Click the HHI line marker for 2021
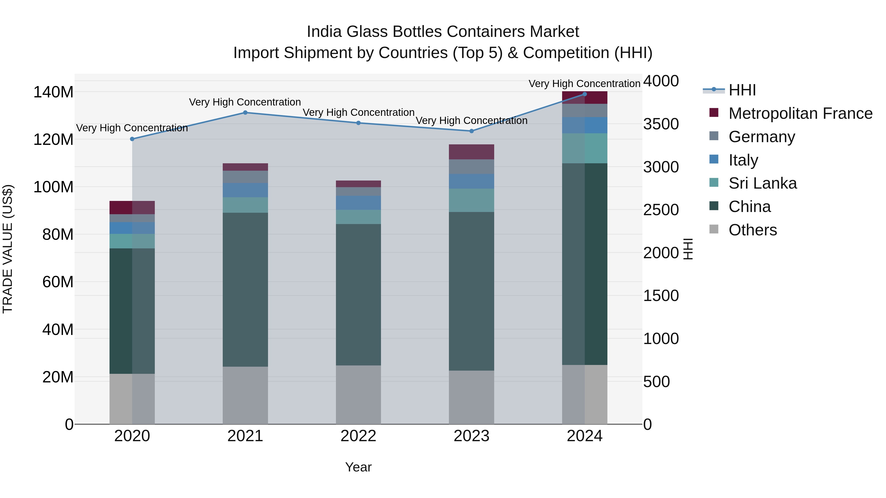tap(245, 112)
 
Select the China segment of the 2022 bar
tap(358, 295)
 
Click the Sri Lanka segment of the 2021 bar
tap(245, 205)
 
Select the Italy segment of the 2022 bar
tap(358, 203)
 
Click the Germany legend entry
tap(761, 136)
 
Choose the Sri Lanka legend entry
tap(762, 183)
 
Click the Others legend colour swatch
tap(714, 229)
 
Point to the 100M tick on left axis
tap(53, 187)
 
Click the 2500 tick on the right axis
tap(661, 210)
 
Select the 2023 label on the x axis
tap(471, 436)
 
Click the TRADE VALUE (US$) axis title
tap(8, 249)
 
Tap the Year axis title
tap(358, 467)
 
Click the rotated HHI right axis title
tap(688, 249)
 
